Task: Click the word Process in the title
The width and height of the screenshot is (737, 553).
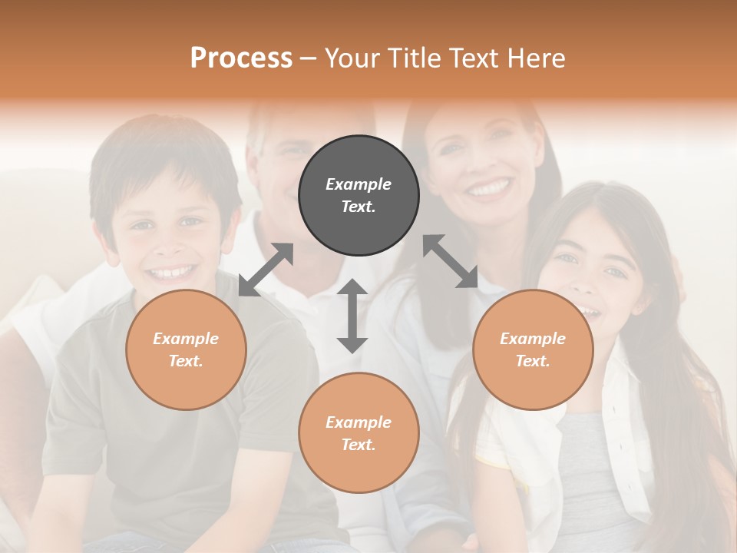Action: (241, 58)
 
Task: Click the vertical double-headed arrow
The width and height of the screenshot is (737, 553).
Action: (352, 316)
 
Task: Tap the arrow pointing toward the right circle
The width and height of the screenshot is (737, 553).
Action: (451, 261)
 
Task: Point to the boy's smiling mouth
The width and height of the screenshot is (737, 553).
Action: (171, 272)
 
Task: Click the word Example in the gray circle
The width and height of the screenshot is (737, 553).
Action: (359, 184)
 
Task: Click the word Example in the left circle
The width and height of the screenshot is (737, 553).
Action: (186, 339)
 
